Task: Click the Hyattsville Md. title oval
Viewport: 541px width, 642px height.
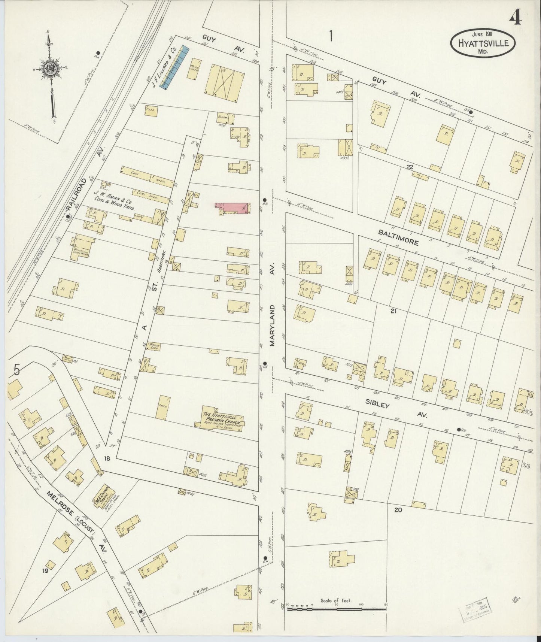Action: tap(482, 43)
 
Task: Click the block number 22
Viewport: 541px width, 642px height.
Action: tap(410, 167)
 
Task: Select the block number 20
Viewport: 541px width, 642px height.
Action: tap(398, 509)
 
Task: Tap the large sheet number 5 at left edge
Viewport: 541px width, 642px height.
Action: tap(17, 370)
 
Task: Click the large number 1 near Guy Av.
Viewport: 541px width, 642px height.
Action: tap(331, 36)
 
